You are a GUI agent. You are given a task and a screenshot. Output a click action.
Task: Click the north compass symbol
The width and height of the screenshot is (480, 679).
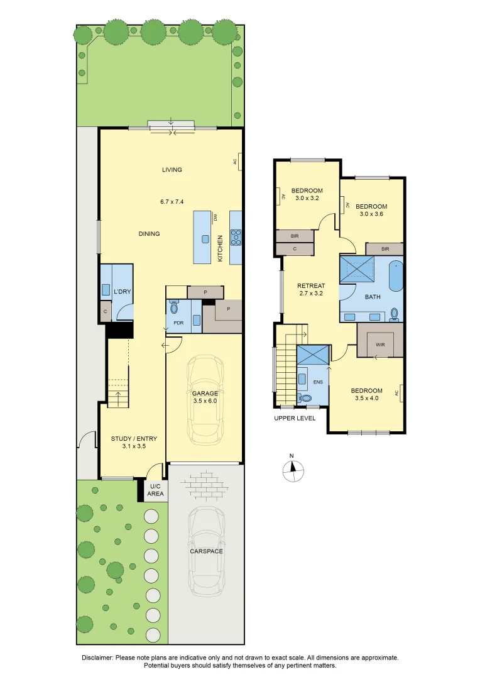(x=292, y=469)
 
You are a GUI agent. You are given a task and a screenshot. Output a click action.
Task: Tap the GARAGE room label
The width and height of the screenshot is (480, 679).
(x=205, y=394)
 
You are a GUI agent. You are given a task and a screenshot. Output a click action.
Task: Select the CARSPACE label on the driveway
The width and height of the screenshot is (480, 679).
(x=207, y=551)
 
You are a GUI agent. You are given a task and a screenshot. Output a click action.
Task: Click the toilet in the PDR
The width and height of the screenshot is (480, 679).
(x=174, y=307)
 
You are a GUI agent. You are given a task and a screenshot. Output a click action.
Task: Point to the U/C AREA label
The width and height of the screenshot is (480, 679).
(x=155, y=490)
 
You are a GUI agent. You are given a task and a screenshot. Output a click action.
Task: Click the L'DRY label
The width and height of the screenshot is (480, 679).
(x=121, y=292)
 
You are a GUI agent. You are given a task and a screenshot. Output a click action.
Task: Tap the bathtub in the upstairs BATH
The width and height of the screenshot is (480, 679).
(x=395, y=276)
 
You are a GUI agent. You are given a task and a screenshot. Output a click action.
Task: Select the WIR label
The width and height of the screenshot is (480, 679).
(x=379, y=344)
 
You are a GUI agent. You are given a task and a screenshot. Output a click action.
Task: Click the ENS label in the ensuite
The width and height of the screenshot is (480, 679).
(x=318, y=381)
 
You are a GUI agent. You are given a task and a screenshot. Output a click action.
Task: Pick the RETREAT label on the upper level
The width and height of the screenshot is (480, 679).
(x=311, y=285)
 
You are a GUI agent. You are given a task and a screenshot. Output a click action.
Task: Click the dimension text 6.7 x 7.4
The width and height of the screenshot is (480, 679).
(x=172, y=202)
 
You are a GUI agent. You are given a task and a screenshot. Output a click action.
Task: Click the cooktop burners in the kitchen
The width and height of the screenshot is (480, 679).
(x=236, y=237)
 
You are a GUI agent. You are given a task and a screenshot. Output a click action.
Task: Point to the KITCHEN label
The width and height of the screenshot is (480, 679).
(x=221, y=248)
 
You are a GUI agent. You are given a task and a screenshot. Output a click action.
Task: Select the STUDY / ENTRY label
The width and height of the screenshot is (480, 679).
(x=134, y=439)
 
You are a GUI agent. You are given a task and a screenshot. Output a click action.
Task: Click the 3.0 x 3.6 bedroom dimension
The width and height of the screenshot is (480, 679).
(x=371, y=214)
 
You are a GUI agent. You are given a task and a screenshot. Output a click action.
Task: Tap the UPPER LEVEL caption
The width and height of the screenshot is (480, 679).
(x=295, y=418)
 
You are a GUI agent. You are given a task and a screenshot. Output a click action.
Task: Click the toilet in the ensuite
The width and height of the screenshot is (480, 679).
(x=306, y=398)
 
